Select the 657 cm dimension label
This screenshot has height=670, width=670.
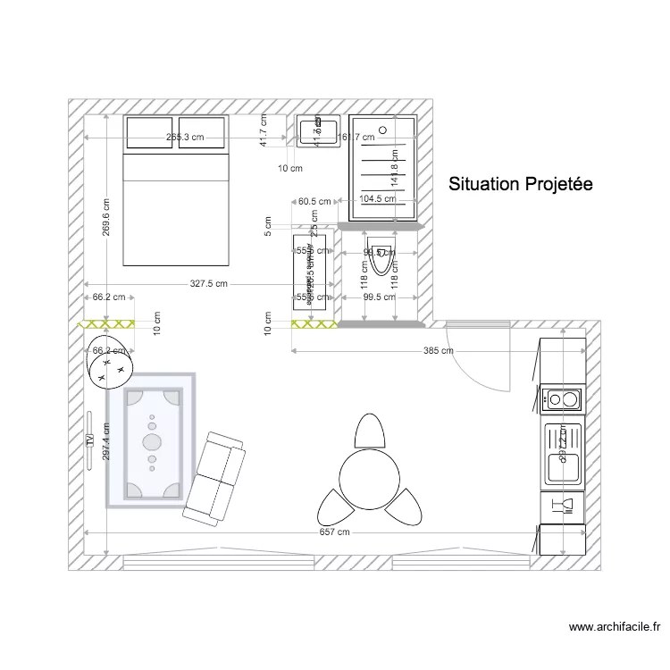click(333, 532)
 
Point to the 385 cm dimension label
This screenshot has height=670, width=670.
click(436, 351)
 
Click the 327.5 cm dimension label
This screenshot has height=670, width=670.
click(208, 283)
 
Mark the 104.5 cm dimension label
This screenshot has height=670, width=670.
click(377, 199)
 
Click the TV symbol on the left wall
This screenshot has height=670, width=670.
click(89, 440)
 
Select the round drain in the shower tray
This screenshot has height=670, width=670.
click(384, 131)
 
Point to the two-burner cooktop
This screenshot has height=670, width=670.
click(561, 398)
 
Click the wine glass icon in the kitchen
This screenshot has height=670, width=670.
click(564, 507)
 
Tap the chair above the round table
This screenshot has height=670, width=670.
click(369, 431)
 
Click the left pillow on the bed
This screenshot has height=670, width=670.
click(149, 132)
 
